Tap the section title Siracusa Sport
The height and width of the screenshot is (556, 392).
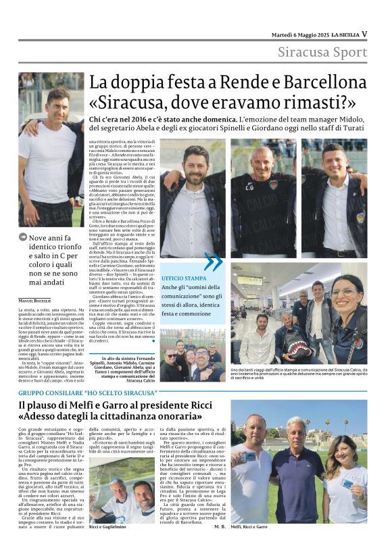click(323, 52)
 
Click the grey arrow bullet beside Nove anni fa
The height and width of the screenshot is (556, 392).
click(24, 238)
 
